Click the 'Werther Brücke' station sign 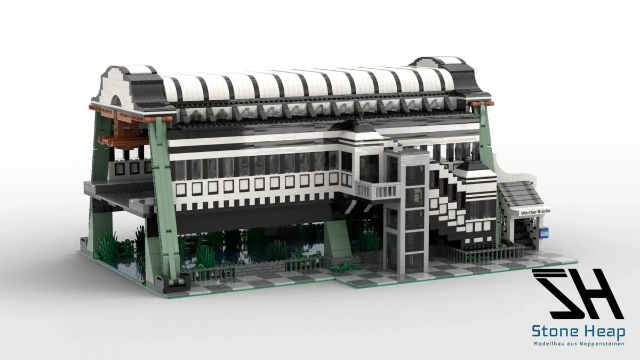tap(531, 212)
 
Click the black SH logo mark tap(578, 294)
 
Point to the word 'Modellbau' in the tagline tap(547, 343)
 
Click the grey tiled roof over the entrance tap(519, 194)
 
